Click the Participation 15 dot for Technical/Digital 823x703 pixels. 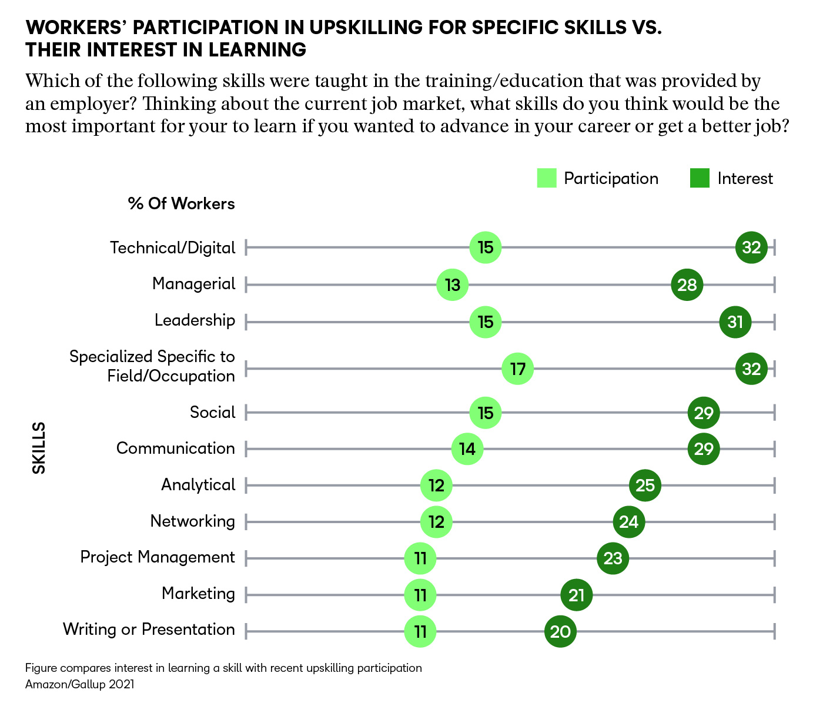click(x=485, y=247)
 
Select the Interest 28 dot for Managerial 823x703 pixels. click(x=687, y=285)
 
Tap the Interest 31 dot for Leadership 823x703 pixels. click(x=735, y=322)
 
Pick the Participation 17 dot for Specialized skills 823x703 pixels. click(x=517, y=369)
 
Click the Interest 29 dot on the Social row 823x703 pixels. click(x=704, y=413)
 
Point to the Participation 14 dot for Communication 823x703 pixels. click(x=467, y=449)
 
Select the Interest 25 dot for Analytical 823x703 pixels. click(x=645, y=486)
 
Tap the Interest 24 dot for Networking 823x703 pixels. click(x=628, y=522)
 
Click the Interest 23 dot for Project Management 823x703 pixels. click(x=613, y=558)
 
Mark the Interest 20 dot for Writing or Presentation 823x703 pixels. click(x=560, y=632)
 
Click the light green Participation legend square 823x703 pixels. click(x=547, y=179)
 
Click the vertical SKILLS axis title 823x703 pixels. click(x=39, y=448)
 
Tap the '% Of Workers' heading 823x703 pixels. click(x=181, y=204)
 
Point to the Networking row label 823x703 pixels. click(x=192, y=521)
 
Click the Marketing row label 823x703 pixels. click(x=198, y=594)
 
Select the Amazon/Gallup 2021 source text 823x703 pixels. click(x=79, y=684)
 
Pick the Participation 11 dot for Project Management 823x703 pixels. click(x=420, y=558)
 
